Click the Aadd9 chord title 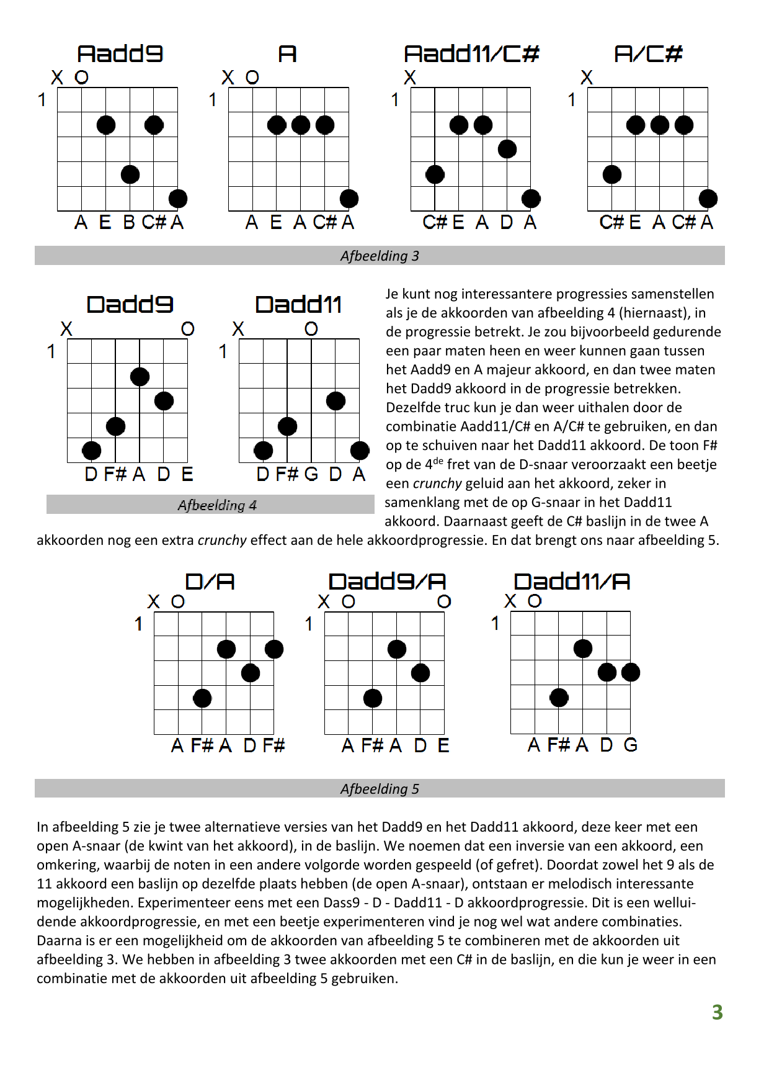pos(120,54)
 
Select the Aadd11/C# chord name pos(471,54)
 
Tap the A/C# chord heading pos(648,54)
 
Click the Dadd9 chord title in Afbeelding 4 pos(130,305)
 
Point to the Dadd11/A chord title pos(572,582)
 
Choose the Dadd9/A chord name pos(387,582)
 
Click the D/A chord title pos(210,582)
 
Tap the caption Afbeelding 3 pos(380,256)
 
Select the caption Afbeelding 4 pos(217,505)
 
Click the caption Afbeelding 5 pos(380,789)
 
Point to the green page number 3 pos(718,1012)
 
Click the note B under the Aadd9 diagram pos(129,222)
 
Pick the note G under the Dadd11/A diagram pos(630,745)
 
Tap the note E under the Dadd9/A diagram pos(443,745)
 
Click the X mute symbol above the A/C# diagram pos(587,78)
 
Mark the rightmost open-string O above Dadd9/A pos(444,601)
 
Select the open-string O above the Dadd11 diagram pos(311,329)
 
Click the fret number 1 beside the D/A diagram pos(138,624)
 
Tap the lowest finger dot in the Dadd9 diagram pos(92,451)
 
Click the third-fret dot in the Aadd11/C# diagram pos(507,149)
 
